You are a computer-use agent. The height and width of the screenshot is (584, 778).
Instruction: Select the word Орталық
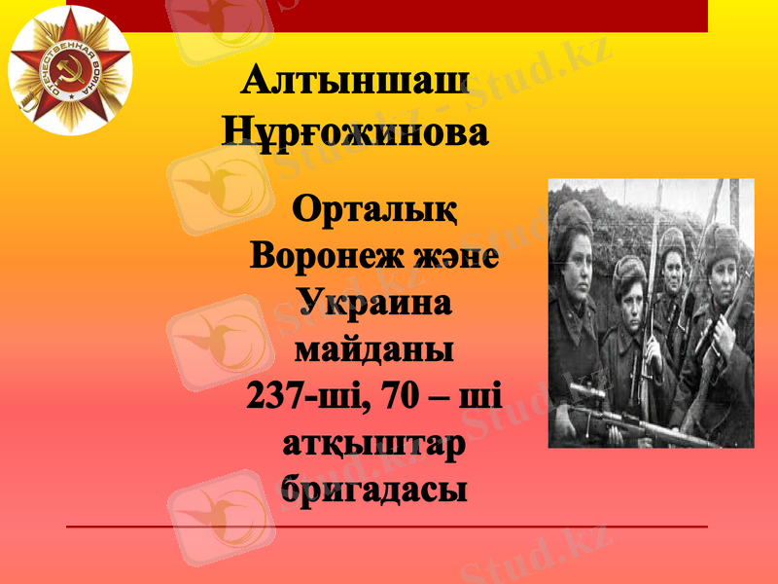point(374,210)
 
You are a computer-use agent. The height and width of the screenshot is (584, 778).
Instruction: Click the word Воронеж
point(317,257)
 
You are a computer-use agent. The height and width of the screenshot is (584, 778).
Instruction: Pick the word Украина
point(374,303)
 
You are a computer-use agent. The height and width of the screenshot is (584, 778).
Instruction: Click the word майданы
point(374,348)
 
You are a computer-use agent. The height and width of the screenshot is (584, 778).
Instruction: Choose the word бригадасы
point(374,487)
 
